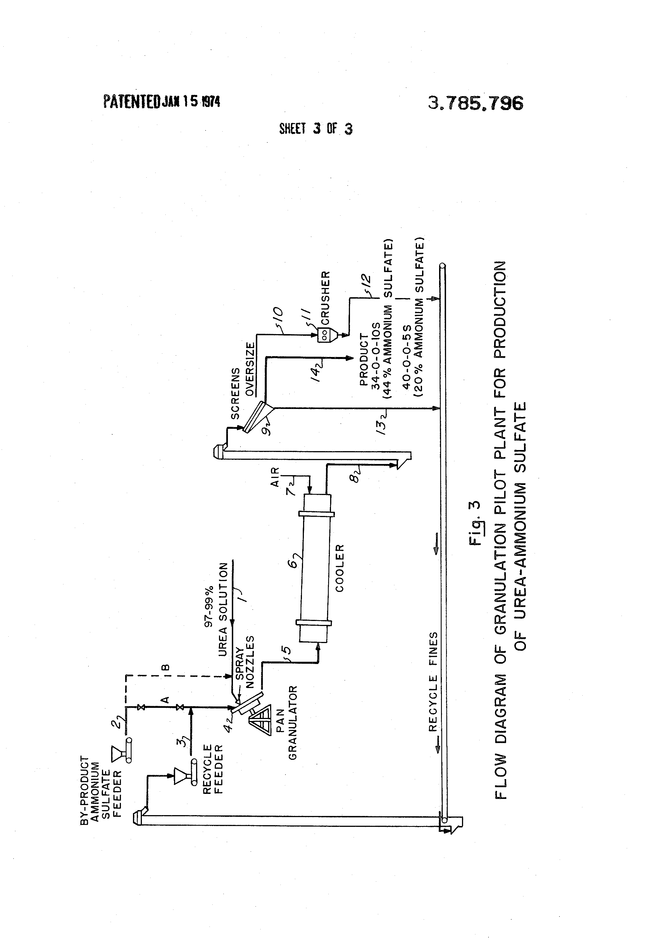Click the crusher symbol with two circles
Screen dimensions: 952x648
tap(324, 334)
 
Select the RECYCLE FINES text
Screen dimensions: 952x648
tap(433, 687)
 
